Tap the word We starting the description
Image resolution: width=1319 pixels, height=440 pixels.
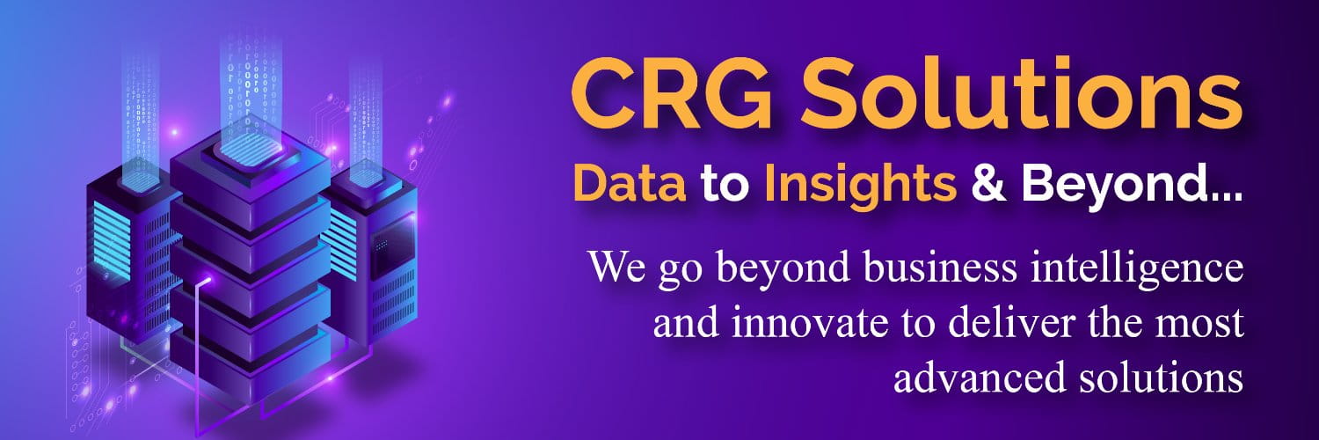pyautogui.click(x=617, y=267)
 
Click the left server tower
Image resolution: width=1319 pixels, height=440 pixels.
pyautogui.click(x=123, y=238)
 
